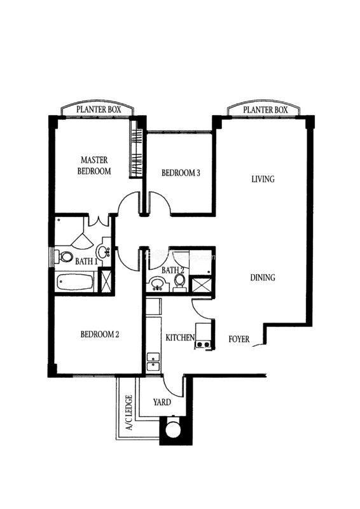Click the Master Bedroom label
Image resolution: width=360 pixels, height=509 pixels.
pyautogui.click(x=94, y=165)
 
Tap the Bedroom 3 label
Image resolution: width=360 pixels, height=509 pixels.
pyautogui.click(x=181, y=172)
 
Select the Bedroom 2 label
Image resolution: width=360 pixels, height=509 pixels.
pyautogui.click(x=100, y=334)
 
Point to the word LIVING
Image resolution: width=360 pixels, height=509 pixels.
pyautogui.click(x=263, y=179)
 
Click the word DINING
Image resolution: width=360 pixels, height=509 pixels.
pyautogui.click(x=263, y=277)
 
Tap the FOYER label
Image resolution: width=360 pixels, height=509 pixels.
pyautogui.click(x=239, y=339)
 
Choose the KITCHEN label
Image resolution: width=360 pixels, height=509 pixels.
pyautogui.click(x=180, y=338)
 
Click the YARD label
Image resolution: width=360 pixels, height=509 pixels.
pyautogui.click(x=162, y=402)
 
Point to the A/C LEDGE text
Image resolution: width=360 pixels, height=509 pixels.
pyautogui.click(x=129, y=412)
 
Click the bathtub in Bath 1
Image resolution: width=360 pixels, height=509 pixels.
pyautogui.click(x=74, y=282)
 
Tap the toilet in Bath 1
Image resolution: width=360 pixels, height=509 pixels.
pyautogui.click(x=64, y=257)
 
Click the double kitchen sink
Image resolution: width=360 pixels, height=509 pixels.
pyautogui.click(x=153, y=361)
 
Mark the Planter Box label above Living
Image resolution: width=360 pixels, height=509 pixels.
pyautogui.click(x=265, y=109)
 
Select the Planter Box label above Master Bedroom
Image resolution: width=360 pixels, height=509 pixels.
pyautogui.click(x=99, y=109)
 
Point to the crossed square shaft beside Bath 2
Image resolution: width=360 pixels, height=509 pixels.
pyautogui.click(x=201, y=285)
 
